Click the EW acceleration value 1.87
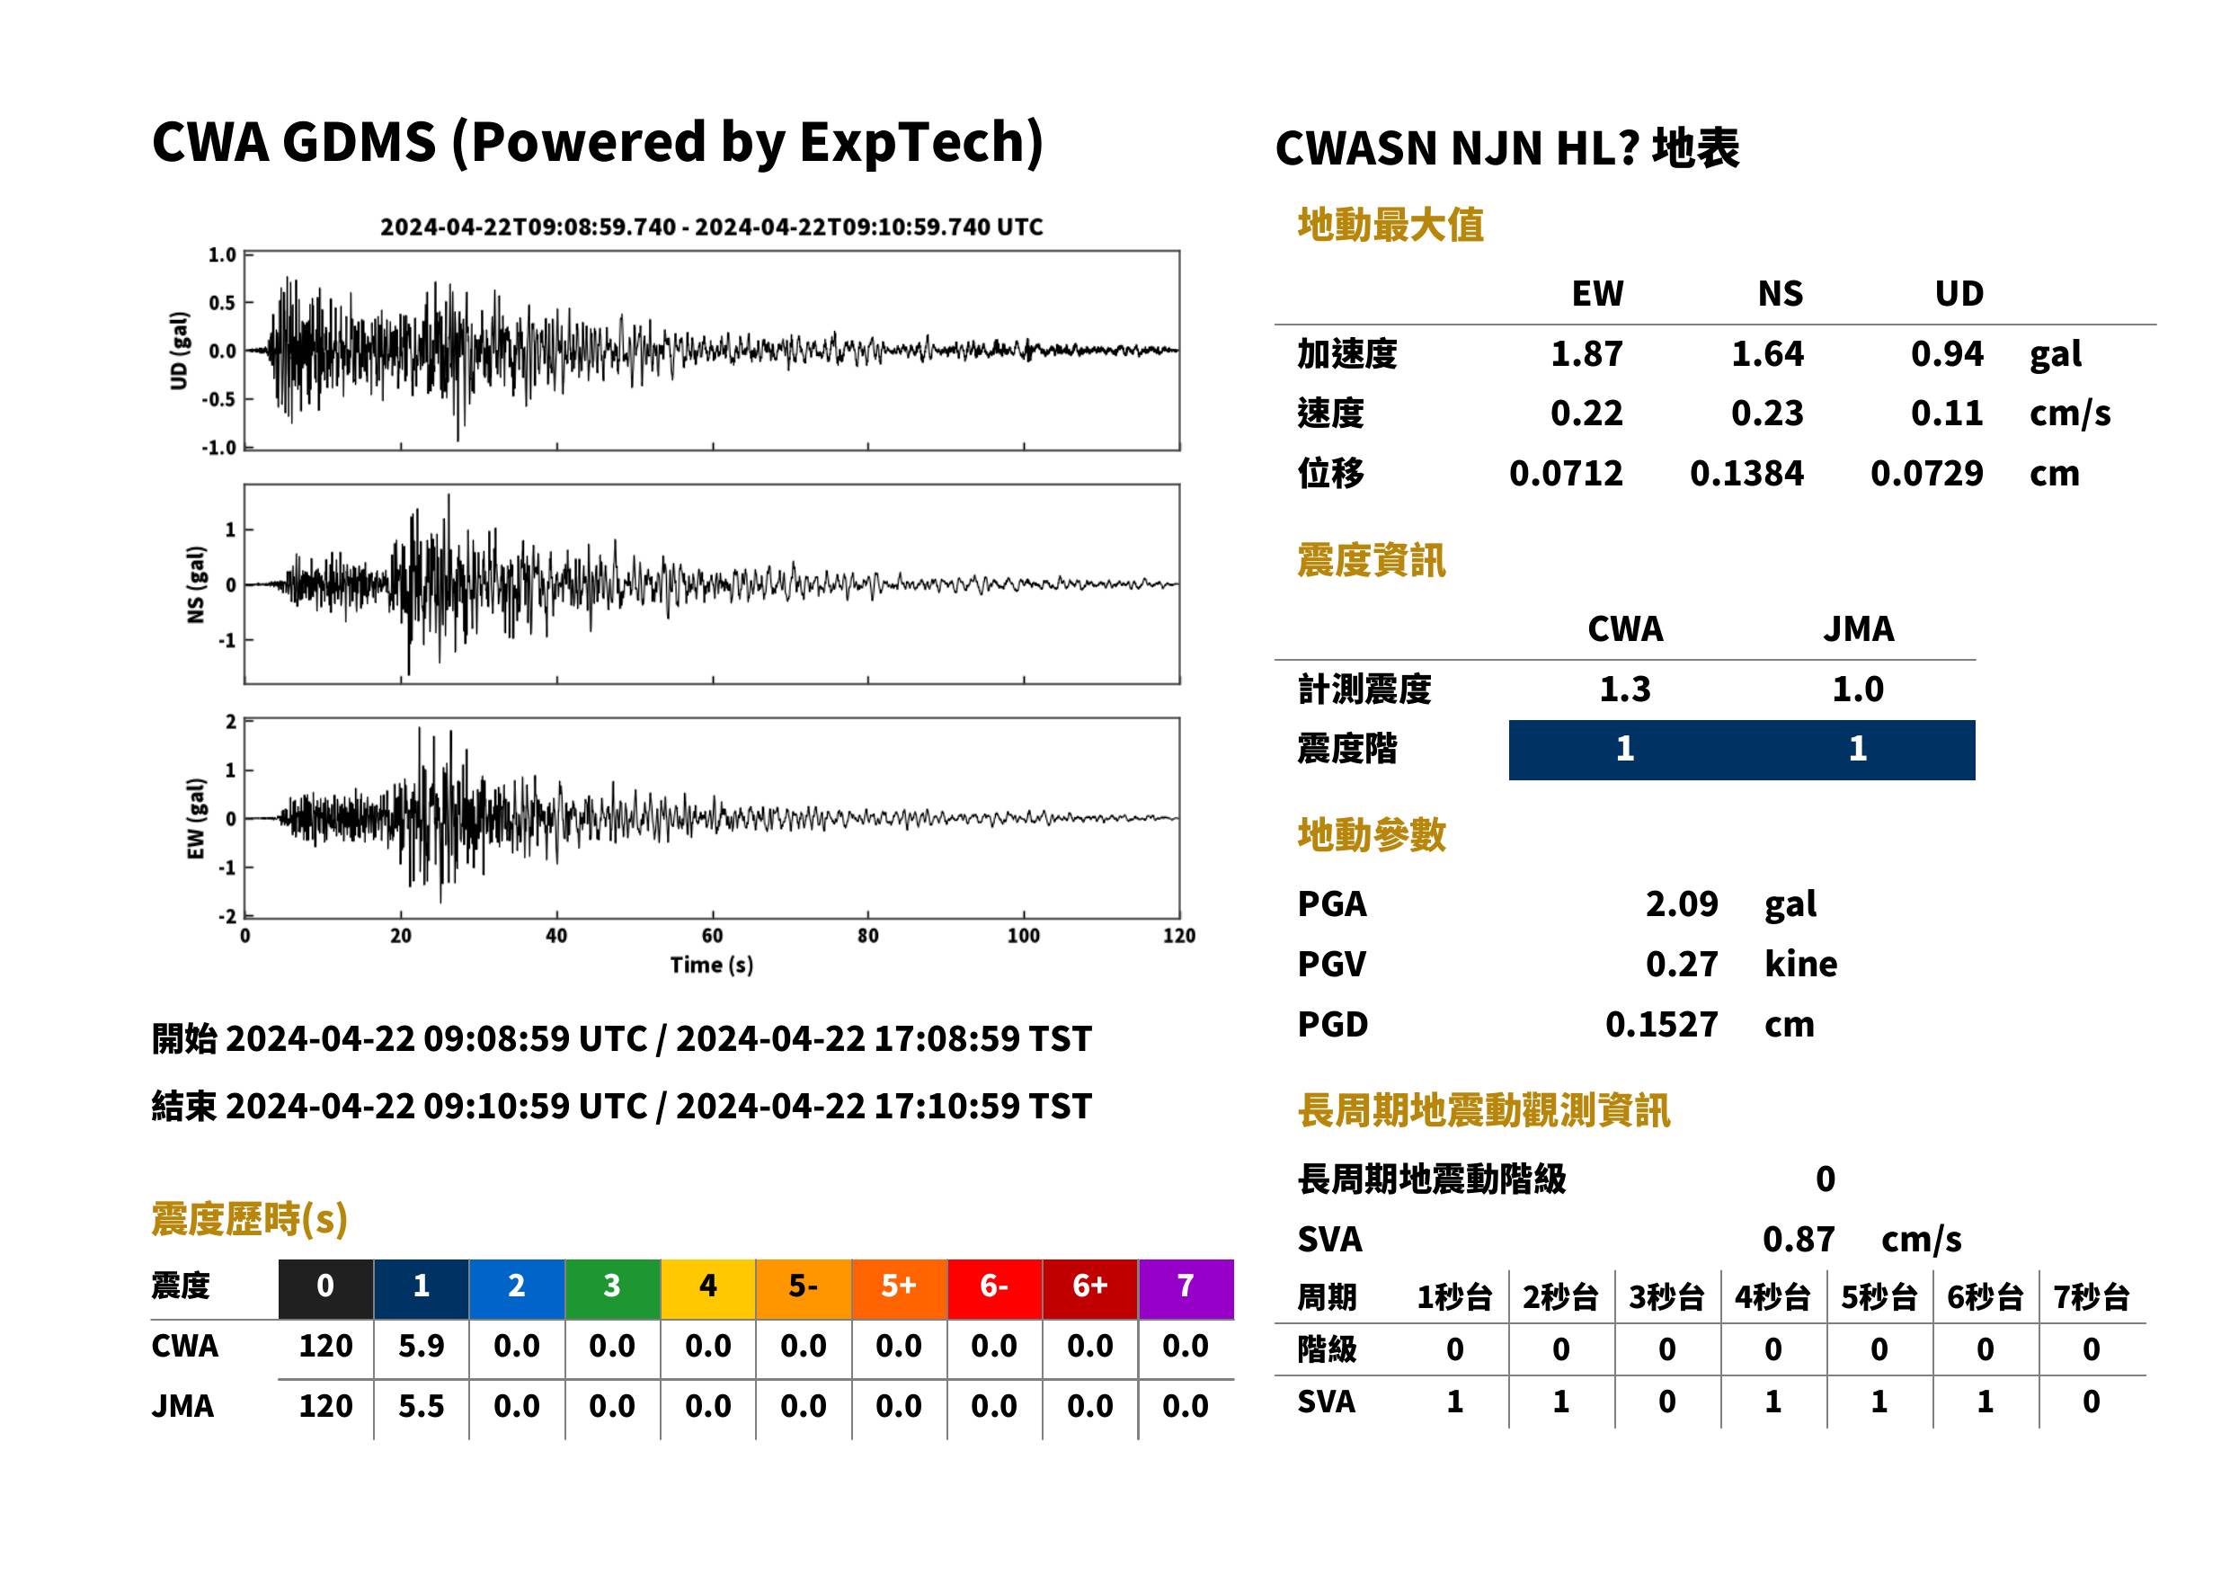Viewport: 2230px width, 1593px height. tap(1586, 353)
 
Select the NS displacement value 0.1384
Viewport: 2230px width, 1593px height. tap(1746, 473)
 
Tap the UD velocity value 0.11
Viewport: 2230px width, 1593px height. tap(1947, 413)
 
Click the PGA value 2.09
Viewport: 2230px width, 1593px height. tap(1681, 903)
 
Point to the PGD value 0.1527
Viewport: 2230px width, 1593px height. tap(1661, 1024)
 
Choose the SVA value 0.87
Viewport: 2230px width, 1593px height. tap(1799, 1239)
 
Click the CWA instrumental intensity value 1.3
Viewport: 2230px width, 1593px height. tap(1625, 689)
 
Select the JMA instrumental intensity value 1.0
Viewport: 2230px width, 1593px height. tap(1857, 689)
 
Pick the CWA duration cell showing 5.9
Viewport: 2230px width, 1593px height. tap(421, 1346)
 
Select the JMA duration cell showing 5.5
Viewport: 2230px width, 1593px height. tap(421, 1406)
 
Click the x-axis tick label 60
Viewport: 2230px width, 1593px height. tap(712, 936)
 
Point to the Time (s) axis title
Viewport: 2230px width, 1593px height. tap(712, 966)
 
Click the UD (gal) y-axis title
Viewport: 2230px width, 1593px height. tap(179, 351)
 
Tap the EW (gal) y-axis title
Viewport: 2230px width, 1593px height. tap(196, 819)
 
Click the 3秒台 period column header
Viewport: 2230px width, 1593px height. tap(1666, 1296)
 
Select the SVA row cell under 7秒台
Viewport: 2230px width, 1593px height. tap(2091, 1402)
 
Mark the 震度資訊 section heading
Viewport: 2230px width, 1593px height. tap(1371, 560)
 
